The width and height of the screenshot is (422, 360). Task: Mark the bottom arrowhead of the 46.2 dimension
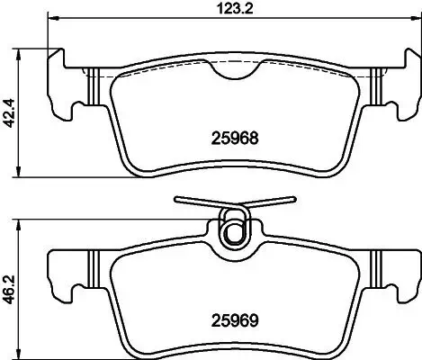click(22, 353)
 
